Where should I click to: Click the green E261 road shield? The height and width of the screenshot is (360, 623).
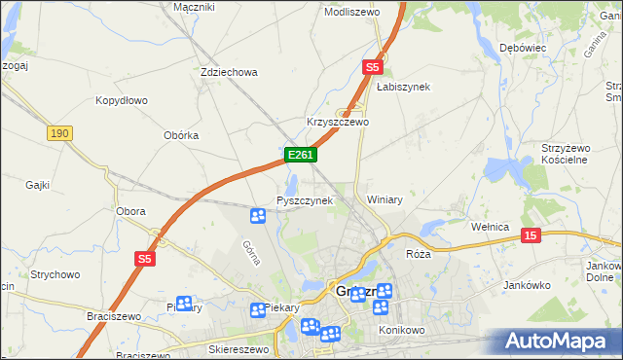(x=299, y=155)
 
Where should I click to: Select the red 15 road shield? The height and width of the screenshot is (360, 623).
(x=531, y=235)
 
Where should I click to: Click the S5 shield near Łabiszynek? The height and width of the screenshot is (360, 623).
(x=373, y=67)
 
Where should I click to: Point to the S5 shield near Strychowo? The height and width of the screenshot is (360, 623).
(x=145, y=258)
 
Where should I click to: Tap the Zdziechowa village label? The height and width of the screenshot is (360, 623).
(x=228, y=72)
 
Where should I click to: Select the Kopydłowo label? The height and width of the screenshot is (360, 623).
(x=121, y=100)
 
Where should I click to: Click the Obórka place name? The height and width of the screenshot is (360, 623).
(x=182, y=135)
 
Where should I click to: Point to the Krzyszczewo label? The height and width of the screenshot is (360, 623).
(x=338, y=123)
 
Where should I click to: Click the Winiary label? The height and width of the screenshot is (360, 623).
(x=385, y=199)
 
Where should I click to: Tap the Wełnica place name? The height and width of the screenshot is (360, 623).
(x=491, y=227)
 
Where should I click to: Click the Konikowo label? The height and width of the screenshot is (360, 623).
(x=398, y=331)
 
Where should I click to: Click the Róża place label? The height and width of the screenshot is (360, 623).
(x=418, y=253)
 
